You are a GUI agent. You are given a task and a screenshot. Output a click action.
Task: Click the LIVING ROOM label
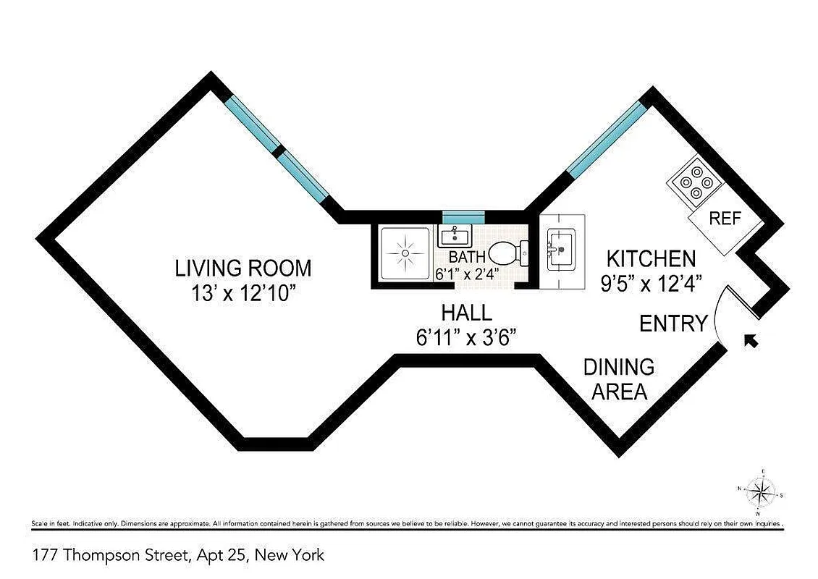tap(243, 269)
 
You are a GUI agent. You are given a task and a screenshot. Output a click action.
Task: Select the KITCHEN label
tap(651, 258)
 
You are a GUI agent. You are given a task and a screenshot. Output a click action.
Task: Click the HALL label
tap(467, 313)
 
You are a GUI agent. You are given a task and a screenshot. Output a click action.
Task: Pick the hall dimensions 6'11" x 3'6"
tap(467, 337)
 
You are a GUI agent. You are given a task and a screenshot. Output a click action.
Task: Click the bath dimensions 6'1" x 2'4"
tap(467, 274)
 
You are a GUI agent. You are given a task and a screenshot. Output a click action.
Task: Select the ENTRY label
tap(673, 324)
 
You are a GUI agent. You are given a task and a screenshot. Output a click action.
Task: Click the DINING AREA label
tap(619, 379)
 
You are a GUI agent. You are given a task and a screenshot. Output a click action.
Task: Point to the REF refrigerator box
tap(724, 219)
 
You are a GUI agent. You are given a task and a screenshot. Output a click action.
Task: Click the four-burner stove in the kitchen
tap(696, 183)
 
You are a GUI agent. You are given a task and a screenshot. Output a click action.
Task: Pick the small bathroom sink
tap(455, 234)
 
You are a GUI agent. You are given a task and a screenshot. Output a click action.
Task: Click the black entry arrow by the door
tap(752, 341)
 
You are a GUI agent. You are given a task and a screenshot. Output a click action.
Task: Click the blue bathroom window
tap(464, 215)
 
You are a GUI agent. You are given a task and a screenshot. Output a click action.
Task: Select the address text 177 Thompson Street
tap(178, 556)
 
